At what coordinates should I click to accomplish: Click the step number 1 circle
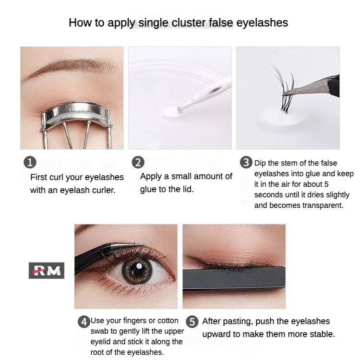[30, 162]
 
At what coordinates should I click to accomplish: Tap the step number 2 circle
[138, 162]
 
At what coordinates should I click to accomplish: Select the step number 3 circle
[246, 162]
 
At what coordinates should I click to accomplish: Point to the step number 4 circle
[84, 322]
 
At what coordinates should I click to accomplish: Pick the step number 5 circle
[192, 322]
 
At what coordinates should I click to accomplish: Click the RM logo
[47, 270]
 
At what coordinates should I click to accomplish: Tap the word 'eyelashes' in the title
[262, 23]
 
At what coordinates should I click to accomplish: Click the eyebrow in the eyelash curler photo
[71, 68]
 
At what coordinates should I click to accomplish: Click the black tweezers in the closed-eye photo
[234, 279]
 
